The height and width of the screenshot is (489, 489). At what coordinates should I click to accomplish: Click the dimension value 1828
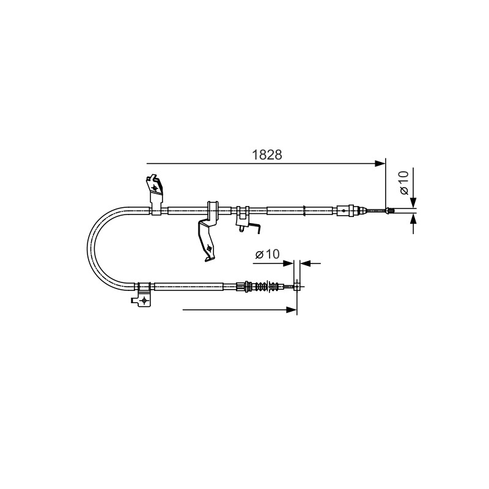267,155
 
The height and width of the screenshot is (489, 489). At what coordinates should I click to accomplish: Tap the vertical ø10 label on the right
404,182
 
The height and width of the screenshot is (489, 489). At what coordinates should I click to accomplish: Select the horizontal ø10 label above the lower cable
268,254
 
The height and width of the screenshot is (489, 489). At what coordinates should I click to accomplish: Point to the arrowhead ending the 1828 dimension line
380,163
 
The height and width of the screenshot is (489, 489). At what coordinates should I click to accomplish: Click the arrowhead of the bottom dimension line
292,310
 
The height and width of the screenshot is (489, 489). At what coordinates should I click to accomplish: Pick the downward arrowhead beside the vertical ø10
413,202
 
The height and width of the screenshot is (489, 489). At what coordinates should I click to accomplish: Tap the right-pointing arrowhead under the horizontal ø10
288,263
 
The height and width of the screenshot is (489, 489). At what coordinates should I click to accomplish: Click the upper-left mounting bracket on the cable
155,195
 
